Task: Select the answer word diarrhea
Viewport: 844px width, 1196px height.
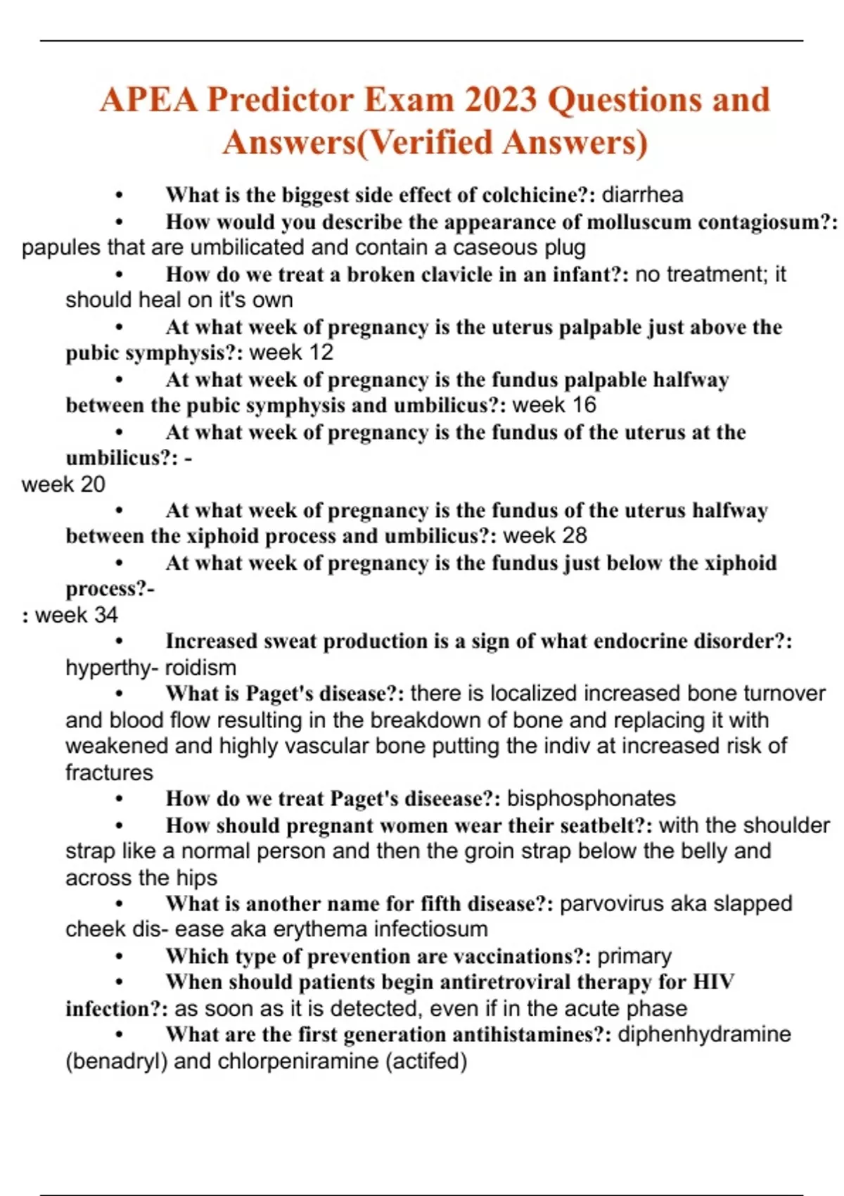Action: click(642, 195)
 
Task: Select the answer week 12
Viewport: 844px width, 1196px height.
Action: click(292, 352)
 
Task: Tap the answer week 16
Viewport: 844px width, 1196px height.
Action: click(554, 405)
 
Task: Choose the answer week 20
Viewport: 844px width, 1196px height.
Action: click(63, 485)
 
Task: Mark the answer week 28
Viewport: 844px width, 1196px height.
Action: click(545, 536)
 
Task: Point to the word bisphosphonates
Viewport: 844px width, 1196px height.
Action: click(591, 799)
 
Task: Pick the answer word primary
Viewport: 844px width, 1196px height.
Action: click(634, 956)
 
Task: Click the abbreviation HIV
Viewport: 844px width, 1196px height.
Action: click(713, 982)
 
